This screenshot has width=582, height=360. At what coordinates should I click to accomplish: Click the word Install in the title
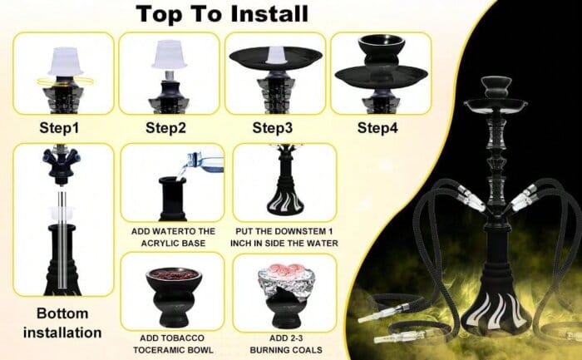(x=269, y=14)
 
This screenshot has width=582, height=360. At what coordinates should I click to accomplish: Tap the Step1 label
(x=59, y=128)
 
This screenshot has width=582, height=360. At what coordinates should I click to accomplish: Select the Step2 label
(x=165, y=128)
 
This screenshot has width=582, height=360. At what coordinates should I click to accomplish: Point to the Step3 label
(x=273, y=128)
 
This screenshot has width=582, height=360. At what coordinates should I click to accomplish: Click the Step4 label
(x=377, y=128)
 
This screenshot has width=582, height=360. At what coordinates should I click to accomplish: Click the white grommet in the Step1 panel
(x=66, y=62)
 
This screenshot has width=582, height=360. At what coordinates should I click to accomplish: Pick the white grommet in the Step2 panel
(x=170, y=55)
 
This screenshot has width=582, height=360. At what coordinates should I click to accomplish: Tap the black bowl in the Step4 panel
(x=381, y=50)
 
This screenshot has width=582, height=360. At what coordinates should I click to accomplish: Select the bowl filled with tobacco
(x=174, y=297)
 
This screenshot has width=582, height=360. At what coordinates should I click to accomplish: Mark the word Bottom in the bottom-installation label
(x=62, y=313)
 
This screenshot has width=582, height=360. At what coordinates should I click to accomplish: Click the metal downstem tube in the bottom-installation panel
(x=62, y=239)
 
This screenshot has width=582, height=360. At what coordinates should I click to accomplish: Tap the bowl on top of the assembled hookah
(x=496, y=87)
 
